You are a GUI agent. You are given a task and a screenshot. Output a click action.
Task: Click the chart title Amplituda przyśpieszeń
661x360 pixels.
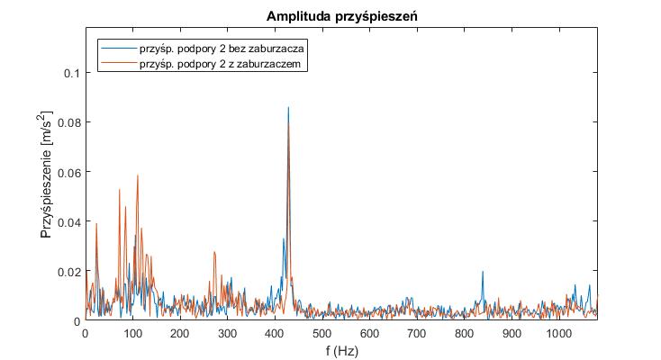click(341, 17)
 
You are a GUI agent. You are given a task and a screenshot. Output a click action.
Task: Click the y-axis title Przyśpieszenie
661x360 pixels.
click(47, 180)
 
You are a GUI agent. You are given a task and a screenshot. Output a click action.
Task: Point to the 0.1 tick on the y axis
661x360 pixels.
click(70, 73)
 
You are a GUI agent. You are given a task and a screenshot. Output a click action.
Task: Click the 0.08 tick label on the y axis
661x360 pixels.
click(67, 122)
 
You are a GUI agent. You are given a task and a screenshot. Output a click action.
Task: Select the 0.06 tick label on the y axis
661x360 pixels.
click(67, 172)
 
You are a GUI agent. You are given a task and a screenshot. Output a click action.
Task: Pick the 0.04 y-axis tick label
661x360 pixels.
click(67, 221)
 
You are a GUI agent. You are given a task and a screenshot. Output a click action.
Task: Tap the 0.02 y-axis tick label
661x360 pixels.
click(67, 271)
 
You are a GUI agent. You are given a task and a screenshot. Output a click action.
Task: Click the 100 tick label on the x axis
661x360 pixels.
click(132, 333)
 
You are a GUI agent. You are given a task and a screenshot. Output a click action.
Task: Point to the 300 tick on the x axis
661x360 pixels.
click(227, 333)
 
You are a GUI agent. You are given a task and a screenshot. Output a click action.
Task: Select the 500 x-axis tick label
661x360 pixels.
click(322, 333)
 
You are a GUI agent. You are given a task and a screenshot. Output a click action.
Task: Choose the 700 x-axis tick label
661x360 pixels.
click(417, 333)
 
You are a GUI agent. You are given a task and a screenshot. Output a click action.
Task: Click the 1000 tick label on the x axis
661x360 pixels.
click(559, 333)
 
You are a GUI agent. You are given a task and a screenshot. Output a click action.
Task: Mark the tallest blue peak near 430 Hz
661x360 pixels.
click(288, 108)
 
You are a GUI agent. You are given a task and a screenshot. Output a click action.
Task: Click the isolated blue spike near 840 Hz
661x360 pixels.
click(483, 272)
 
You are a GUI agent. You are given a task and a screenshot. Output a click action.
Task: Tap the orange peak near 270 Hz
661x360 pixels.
click(214, 253)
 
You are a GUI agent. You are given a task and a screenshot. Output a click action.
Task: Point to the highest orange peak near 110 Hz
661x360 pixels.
click(138, 175)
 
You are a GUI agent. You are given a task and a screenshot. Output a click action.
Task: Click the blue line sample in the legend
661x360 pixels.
click(118, 49)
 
